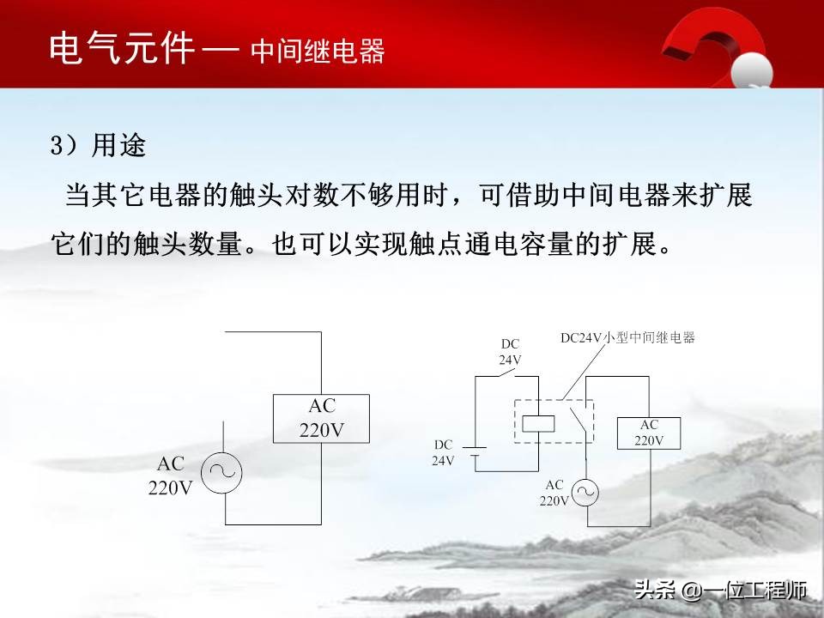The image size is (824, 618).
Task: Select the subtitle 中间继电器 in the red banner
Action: (x=318, y=51)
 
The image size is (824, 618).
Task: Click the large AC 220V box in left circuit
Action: (x=321, y=419)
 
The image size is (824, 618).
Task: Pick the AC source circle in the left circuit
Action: (x=222, y=471)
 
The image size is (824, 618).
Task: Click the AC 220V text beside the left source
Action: (x=171, y=476)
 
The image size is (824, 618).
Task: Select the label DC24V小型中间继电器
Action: (x=627, y=338)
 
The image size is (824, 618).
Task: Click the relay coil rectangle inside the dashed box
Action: (x=538, y=422)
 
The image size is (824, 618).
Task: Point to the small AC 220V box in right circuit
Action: (x=649, y=433)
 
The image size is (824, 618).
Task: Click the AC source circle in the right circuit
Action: (x=585, y=492)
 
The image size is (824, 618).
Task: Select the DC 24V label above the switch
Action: (x=510, y=352)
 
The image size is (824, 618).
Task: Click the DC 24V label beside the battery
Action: (x=443, y=452)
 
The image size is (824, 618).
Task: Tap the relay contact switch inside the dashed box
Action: (x=579, y=421)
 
